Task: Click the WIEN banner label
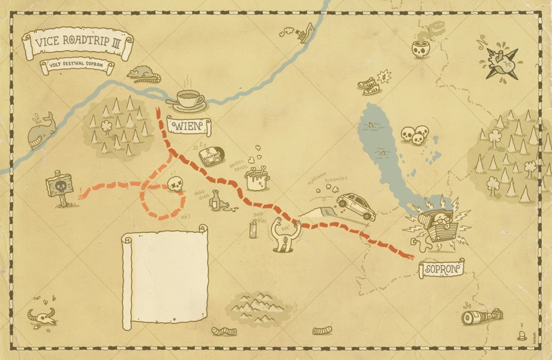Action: tap(189, 126)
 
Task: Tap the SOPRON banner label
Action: tap(441, 268)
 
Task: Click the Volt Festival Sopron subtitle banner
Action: tap(77, 67)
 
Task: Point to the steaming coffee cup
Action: tap(189, 100)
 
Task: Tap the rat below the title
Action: tap(143, 73)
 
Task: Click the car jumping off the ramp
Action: tap(356, 206)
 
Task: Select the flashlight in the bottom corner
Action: tap(482, 317)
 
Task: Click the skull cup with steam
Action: tap(420, 49)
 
